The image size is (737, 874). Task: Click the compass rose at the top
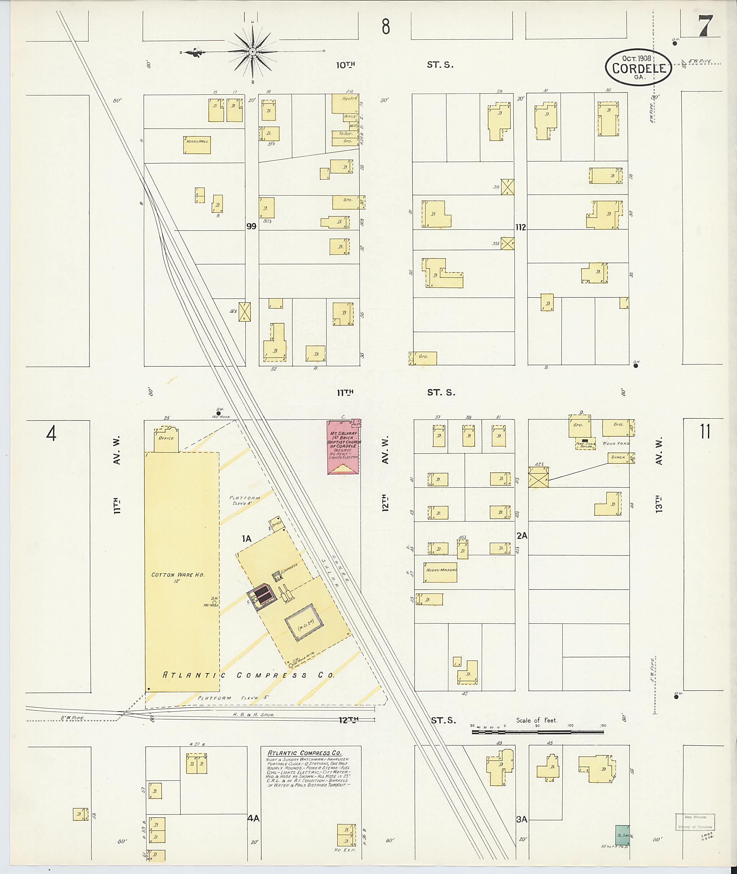point(252,51)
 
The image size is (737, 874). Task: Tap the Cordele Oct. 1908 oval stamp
point(638,68)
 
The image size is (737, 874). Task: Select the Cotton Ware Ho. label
point(178,575)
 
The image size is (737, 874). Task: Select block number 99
point(251,226)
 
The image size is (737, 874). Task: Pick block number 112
point(521,227)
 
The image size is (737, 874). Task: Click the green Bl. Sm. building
point(623,835)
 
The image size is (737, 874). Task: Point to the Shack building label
point(618,457)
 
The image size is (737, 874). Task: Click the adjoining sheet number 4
point(51,434)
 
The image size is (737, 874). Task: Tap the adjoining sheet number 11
point(705,431)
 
